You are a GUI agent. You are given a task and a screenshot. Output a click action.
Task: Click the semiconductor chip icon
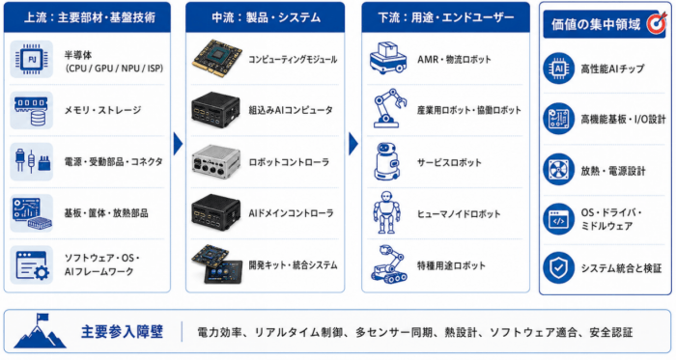pyautogui.click(x=32, y=60)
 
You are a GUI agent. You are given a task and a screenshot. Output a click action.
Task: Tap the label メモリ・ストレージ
pyautogui.click(x=103, y=110)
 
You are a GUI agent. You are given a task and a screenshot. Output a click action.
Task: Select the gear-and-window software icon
pyautogui.click(x=32, y=265)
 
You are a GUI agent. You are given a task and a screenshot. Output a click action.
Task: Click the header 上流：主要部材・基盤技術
pyautogui.click(x=89, y=17)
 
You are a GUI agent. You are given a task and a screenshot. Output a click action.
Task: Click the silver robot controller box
pyautogui.click(x=216, y=161)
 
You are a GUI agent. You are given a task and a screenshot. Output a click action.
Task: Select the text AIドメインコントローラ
pyautogui.click(x=291, y=213)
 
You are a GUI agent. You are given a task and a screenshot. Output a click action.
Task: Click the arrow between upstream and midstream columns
pyautogui.click(x=178, y=144)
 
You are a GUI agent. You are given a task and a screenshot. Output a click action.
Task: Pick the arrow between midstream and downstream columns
pyautogui.click(x=353, y=144)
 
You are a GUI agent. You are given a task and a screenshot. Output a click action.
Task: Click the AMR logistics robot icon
pyautogui.click(x=387, y=58)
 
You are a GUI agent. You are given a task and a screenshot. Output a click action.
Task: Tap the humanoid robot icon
pyautogui.click(x=386, y=212)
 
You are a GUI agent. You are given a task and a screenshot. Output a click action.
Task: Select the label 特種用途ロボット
pyautogui.click(x=451, y=265)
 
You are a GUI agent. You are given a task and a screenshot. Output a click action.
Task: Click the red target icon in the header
pyautogui.click(x=656, y=23)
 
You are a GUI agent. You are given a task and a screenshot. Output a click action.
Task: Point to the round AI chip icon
pyautogui.click(x=559, y=69)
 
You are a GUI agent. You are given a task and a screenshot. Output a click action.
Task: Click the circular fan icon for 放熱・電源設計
pyautogui.click(x=559, y=170)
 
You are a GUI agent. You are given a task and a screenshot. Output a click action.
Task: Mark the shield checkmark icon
pyautogui.click(x=559, y=268)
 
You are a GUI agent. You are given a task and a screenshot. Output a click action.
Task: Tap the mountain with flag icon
pyautogui.click(x=40, y=331)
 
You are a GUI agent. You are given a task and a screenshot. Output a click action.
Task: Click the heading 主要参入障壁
pyautogui.click(x=122, y=332)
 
